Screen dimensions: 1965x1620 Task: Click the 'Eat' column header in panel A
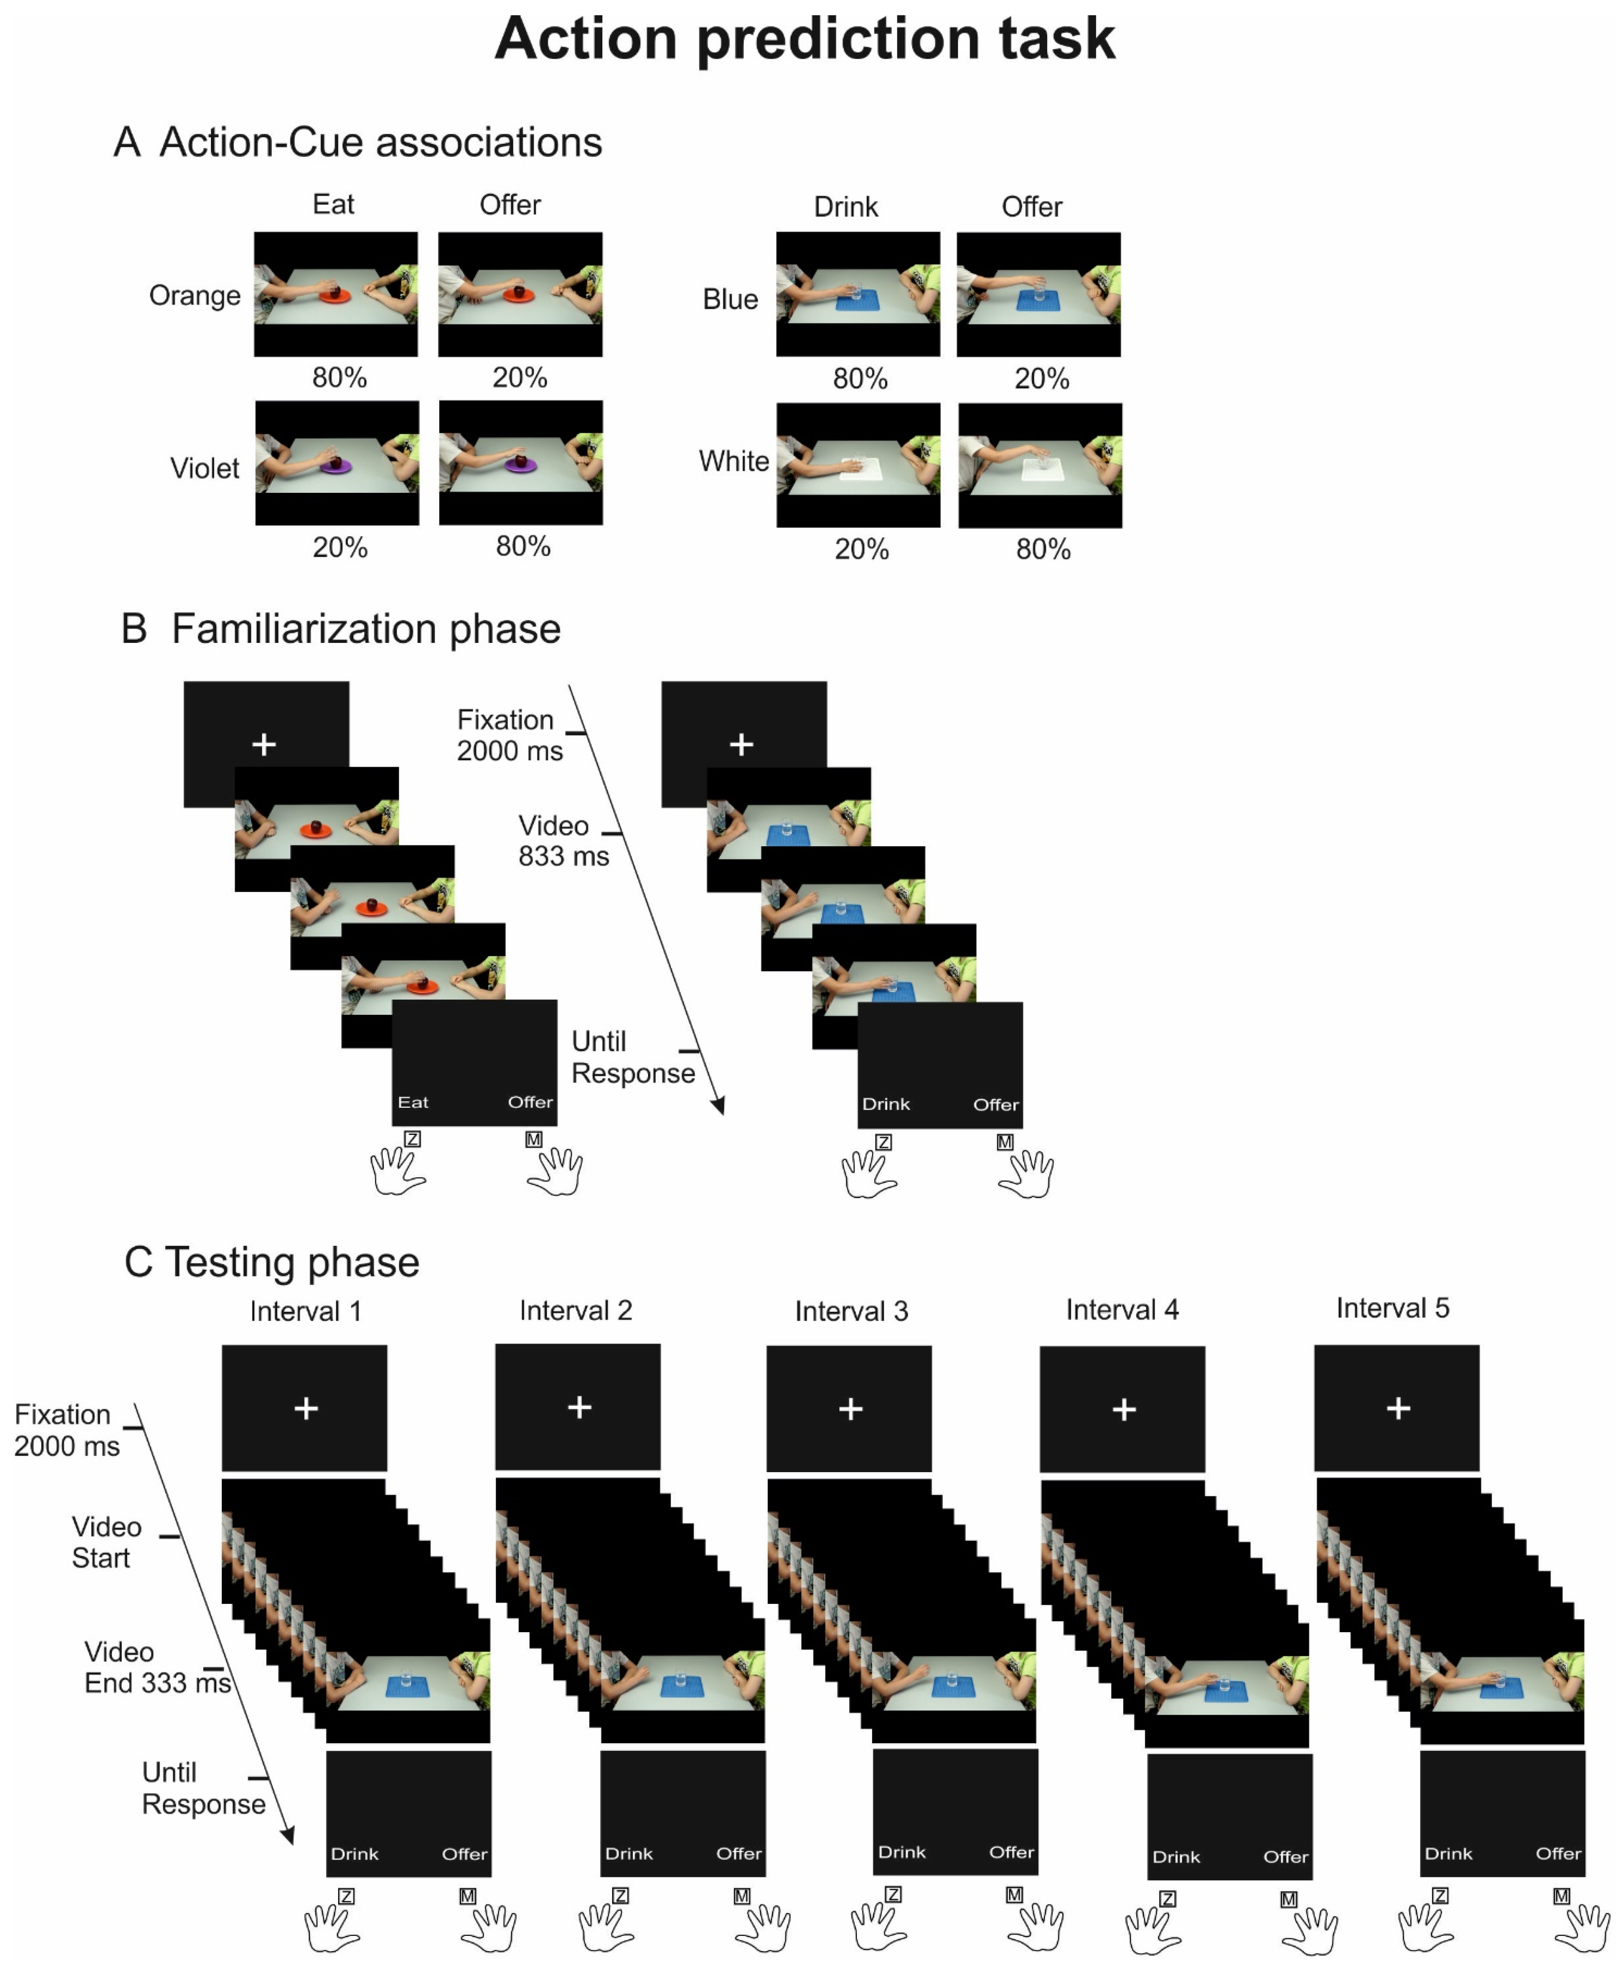pyautogui.click(x=333, y=204)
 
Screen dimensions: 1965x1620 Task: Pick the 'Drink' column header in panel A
pyautogui.click(x=846, y=206)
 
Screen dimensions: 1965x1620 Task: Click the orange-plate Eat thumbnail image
pyautogui.click(x=336, y=294)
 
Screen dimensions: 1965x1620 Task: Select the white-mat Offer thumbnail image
pyautogui.click(x=1040, y=465)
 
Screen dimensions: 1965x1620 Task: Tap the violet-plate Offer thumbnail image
pyautogui.click(x=521, y=462)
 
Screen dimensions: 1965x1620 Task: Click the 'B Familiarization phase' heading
pyautogui.click(x=340, y=629)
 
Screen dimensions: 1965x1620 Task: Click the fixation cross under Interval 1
pyautogui.click(x=306, y=1408)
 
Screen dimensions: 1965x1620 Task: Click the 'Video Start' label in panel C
pyautogui.click(x=105, y=1542)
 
